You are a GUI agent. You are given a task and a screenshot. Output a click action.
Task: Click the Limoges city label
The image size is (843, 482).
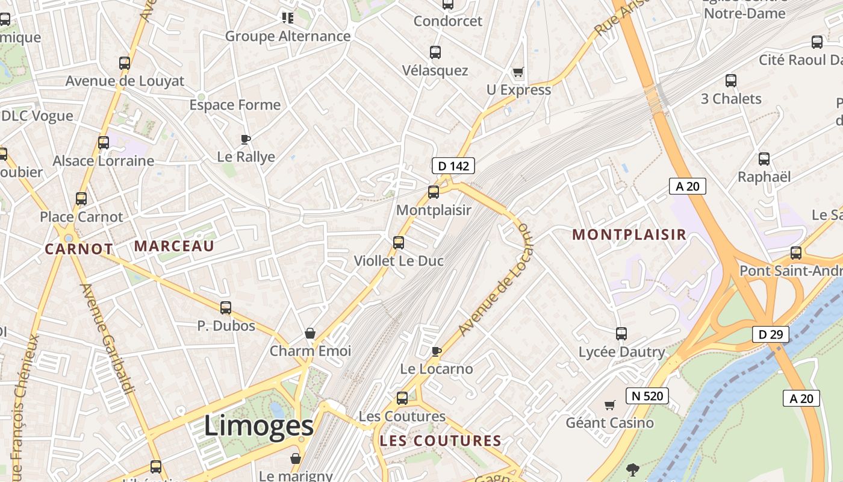[259, 426]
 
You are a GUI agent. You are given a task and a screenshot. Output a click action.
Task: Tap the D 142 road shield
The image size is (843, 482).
[453, 166]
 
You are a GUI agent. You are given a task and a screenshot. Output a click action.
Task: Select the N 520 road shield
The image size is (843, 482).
[647, 396]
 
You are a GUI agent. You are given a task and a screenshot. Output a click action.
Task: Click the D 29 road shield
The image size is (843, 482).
[770, 334]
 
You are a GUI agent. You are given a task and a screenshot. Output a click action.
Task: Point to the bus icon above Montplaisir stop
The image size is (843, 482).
[434, 192]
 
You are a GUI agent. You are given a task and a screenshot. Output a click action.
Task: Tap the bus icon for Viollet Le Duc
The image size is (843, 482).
[399, 243]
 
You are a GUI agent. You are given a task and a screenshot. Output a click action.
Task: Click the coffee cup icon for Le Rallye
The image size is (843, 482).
[246, 139]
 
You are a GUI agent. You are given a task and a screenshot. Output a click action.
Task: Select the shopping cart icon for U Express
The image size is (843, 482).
[518, 72]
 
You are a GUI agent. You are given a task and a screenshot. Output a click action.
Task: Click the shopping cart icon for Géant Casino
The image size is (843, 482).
[610, 405]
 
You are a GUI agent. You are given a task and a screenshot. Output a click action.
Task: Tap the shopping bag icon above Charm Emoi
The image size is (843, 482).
[310, 333]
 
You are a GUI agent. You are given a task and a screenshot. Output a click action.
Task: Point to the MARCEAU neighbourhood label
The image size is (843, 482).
[174, 246]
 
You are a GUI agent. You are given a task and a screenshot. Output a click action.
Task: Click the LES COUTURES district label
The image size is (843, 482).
[440, 441]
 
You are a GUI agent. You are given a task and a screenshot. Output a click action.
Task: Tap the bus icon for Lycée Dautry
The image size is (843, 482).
[621, 333]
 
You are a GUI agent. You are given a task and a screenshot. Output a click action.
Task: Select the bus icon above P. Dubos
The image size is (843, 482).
[226, 308]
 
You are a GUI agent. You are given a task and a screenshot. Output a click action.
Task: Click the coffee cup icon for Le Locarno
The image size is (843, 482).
[437, 351]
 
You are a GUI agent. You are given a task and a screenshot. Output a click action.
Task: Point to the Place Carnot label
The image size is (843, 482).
[81, 217]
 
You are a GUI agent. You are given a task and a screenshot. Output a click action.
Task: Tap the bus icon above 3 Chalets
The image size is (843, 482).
[731, 81]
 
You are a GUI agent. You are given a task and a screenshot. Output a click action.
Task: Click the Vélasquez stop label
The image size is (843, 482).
[435, 70]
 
